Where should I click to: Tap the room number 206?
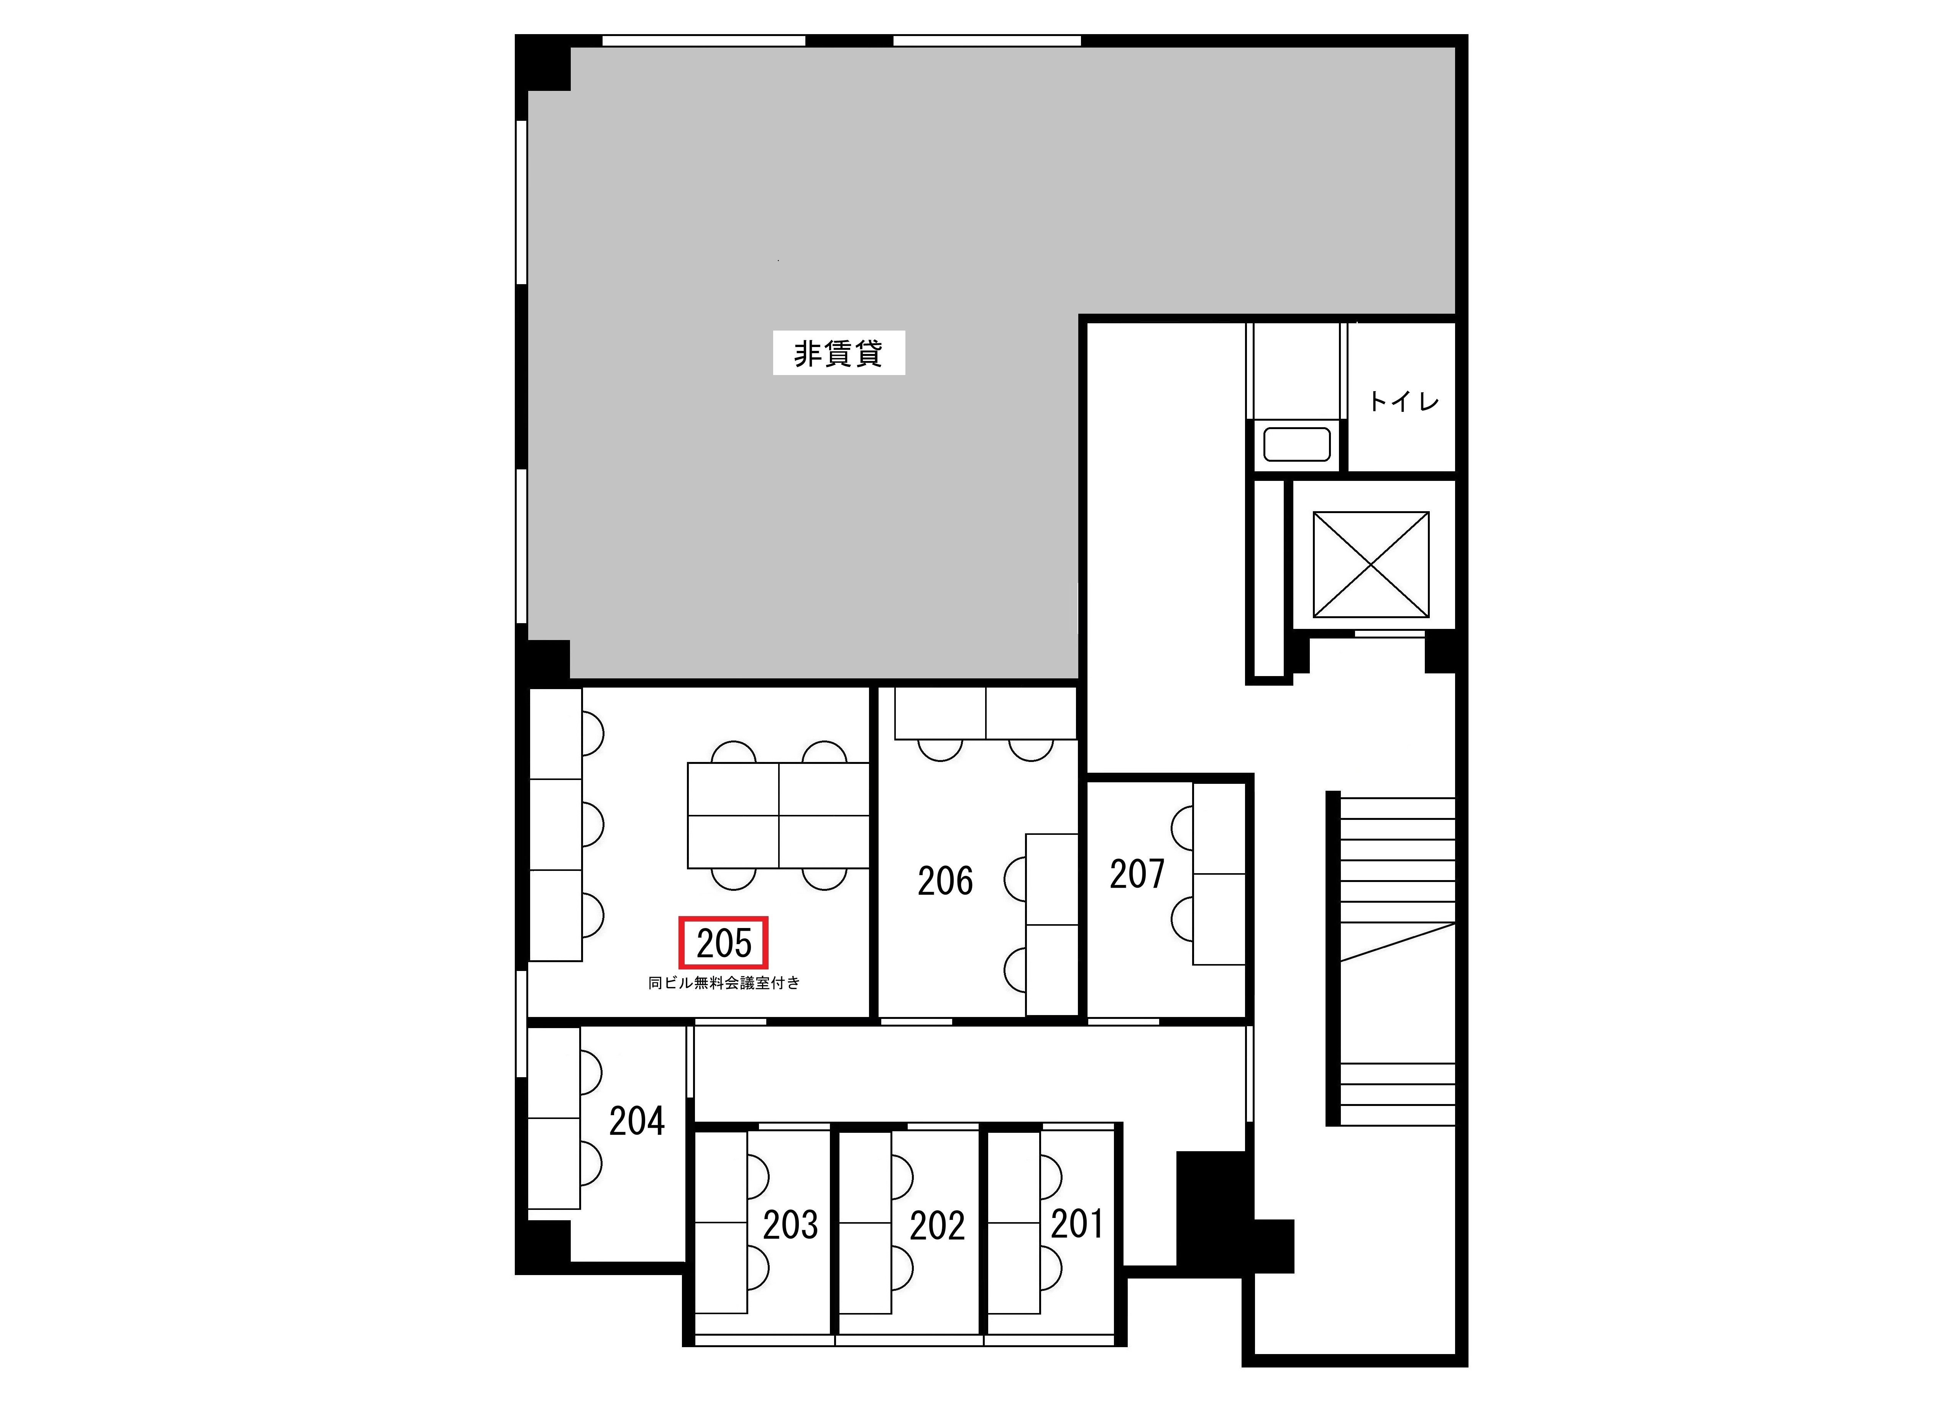click(x=945, y=880)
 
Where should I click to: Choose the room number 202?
click(x=937, y=1225)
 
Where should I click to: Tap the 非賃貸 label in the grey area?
click(x=838, y=353)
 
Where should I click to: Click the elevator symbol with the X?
click(x=1370, y=564)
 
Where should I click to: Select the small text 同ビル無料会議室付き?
click(x=724, y=982)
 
